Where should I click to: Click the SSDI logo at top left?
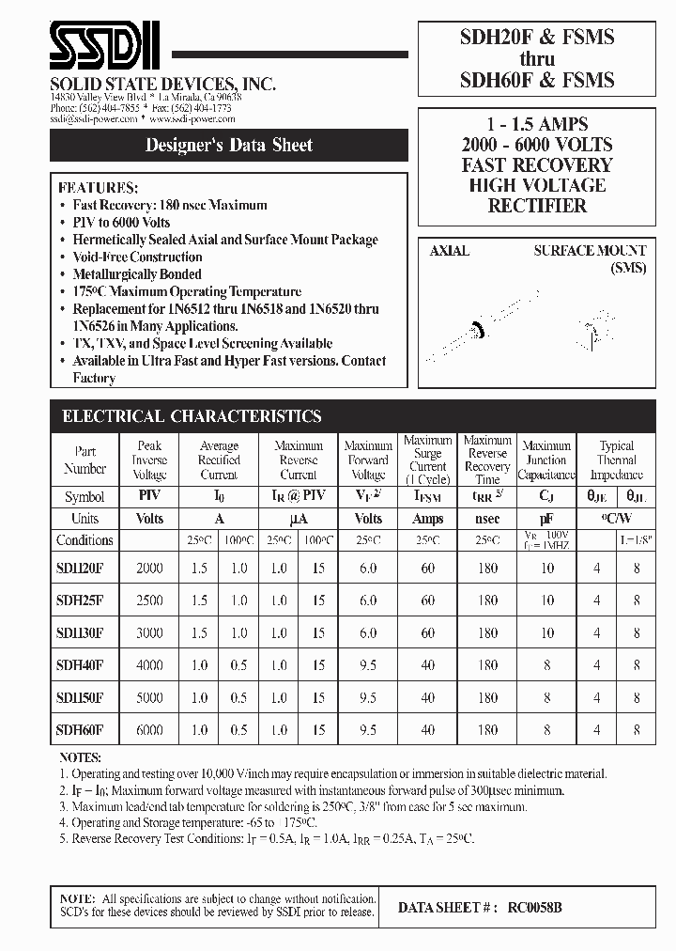(x=104, y=48)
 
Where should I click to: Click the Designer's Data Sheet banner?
(x=229, y=146)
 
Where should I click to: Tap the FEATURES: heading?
(x=98, y=187)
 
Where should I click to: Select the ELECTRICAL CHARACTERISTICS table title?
(x=192, y=416)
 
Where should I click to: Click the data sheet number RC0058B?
(x=535, y=908)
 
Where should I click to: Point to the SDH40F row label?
(x=80, y=664)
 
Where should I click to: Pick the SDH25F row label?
(x=80, y=600)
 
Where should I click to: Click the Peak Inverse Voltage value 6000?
(x=149, y=729)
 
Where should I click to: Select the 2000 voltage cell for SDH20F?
(x=149, y=568)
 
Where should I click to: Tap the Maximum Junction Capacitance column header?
(x=546, y=460)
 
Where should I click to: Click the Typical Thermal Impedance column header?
(x=616, y=460)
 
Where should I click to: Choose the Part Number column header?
(x=84, y=460)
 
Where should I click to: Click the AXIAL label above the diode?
(x=449, y=251)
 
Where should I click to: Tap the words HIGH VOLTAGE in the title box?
(x=537, y=185)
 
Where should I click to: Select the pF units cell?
(x=546, y=519)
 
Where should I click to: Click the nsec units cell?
(x=487, y=519)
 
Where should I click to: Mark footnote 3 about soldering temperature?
(x=293, y=806)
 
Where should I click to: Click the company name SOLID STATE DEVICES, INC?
(x=162, y=85)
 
